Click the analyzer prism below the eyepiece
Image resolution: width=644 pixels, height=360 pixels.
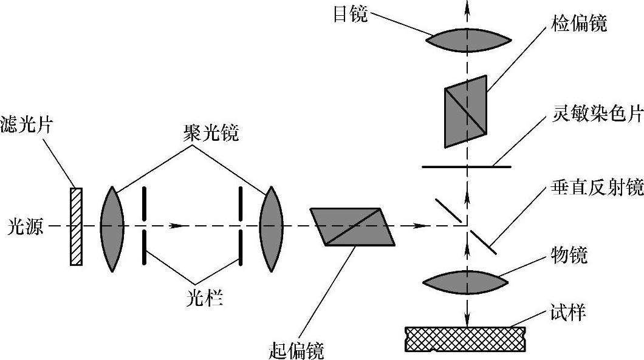466,111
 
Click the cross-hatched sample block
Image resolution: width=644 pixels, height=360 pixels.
465,338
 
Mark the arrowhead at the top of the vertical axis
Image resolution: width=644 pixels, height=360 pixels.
467,5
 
